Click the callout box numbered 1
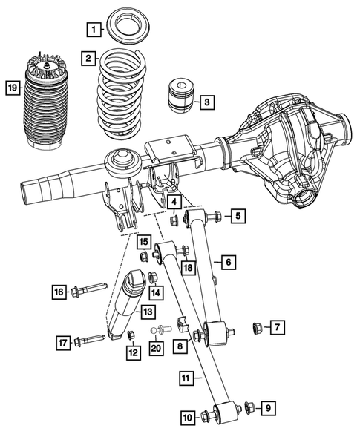(x=93, y=30)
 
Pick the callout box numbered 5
(x=237, y=217)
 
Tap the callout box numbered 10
(x=189, y=418)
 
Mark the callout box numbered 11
(x=189, y=378)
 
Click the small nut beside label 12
(x=131, y=335)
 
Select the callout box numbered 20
(x=155, y=349)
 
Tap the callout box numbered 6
(x=227, y=262)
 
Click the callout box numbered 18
(x=187, y=267)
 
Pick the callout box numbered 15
(x=144, y=241)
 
